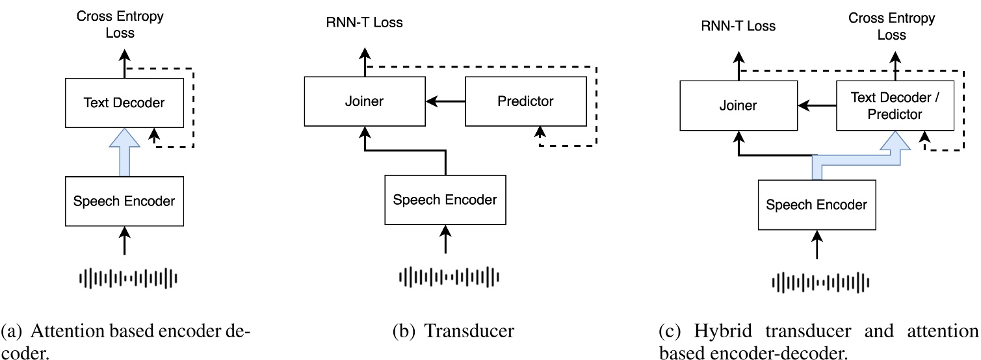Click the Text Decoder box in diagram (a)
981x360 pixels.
tap(124, 102)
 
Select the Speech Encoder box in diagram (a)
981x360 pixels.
tap(124, 201)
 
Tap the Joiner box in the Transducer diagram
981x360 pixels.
tap(366, 101)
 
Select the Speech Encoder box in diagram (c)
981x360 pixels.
tap(817, 205)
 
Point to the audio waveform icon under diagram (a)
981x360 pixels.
tap(128, 278)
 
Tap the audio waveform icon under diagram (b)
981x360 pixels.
tap(449, 277)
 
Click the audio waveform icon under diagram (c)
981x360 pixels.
tap(820, 283)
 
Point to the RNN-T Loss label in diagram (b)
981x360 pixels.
tap(364, 23)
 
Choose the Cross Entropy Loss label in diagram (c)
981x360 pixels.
tap(891, 25)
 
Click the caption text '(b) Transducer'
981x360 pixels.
tap(452, 331)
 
